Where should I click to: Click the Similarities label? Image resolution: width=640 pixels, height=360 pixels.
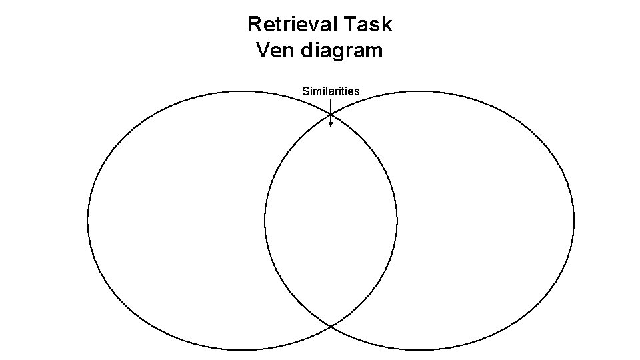pyautogui.click(x=331, y=91)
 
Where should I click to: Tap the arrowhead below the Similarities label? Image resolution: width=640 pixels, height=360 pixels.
pyautogui.click(x=331, y=123)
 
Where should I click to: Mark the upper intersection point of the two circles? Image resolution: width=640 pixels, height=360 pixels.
pyautogui.click(x=331, y=115)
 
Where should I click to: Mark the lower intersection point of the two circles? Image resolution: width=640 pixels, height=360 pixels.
pyautogui.click(x=331, y=326)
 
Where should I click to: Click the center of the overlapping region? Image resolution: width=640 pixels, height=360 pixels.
pyautogui.click(x=331, y=220)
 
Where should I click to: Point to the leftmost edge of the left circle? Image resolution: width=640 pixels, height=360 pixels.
pyautogui.click(x=87, y=220)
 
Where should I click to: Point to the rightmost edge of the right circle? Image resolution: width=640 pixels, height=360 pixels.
pyautogui.click(x=574, y=220)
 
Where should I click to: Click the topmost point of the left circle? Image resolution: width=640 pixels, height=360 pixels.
pyautogui.click(x=242, y=91)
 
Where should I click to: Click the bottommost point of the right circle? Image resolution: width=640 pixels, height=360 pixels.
pyautogui.click(x=419, y=349)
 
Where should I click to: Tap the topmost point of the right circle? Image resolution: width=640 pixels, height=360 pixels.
pyautogui.click(x=419, y=91)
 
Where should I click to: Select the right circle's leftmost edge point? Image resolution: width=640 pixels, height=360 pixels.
pyautogui.click(x=265, y=220)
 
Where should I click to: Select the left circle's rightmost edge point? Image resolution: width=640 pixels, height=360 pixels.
pyautogui.click(x=397, y=220)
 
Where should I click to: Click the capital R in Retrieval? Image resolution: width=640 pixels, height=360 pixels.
pyautogui.click(x=254, y=25)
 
